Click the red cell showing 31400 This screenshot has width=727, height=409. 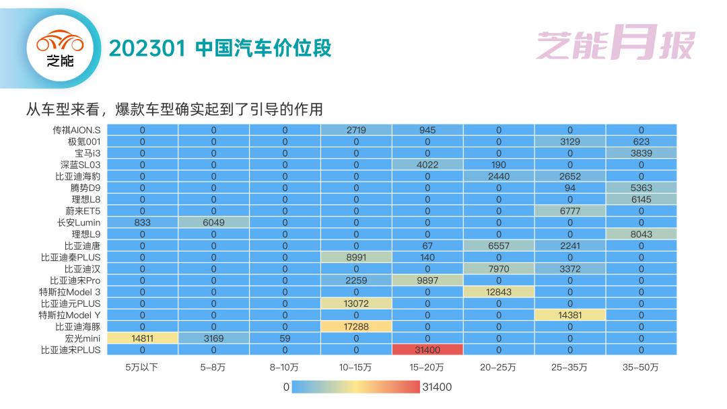[427, 350]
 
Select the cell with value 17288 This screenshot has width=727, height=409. [356, 326]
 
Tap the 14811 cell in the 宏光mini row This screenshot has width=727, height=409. [142, 338]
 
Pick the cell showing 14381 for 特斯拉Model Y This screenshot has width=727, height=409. [569, 315]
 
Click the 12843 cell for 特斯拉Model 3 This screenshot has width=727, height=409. [499, 291]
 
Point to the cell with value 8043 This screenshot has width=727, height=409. [641, 233]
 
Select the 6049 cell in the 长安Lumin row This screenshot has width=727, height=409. [213, 222]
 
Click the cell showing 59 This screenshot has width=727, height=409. [285, 338]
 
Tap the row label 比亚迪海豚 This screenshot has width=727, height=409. [77, 326]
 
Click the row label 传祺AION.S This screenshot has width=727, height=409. [77, 130]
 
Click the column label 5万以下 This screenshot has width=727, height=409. [142, 367]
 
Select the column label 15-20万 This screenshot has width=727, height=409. [427, 367]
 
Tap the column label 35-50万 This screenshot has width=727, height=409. [641, 367]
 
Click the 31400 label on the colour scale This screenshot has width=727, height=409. [437, 387]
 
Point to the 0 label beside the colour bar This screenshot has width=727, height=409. [286, 387]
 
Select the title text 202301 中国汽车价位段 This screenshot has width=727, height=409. [220, 48]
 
